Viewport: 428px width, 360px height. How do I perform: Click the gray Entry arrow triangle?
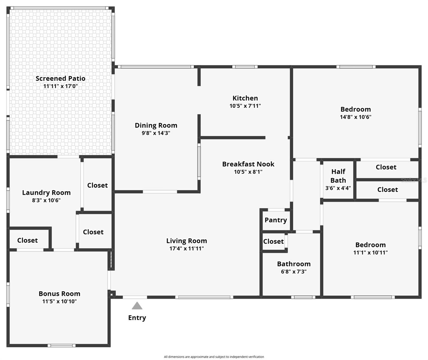[137, 306]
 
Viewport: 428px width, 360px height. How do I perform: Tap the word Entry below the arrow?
[137, 318]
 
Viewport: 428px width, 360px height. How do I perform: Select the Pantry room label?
[276, 220]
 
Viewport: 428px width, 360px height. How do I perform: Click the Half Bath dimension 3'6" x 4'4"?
[338, 188]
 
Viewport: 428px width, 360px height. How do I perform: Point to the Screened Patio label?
[60, 78]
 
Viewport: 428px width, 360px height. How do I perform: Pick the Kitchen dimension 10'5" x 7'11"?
[245, 106]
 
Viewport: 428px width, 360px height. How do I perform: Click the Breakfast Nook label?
[248, 164]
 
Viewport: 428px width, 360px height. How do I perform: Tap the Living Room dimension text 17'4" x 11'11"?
[186, 248]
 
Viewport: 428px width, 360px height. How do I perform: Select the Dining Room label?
[156, 125]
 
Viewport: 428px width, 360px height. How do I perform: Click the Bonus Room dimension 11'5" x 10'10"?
[59, 301]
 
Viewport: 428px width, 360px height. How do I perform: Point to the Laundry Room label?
[46, 193]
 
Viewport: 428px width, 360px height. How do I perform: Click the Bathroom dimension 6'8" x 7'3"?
[293, 271]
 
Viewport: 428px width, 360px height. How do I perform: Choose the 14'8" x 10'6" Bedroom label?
[355, 109]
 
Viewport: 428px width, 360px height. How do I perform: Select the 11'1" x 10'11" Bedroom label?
[370, 245]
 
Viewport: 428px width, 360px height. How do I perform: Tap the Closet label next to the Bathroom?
[273, 241]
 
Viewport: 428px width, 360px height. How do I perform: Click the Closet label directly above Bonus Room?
[27, 240]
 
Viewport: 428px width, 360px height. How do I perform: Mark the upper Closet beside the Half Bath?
[386, 167]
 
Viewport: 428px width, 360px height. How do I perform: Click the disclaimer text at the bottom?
[214, 357]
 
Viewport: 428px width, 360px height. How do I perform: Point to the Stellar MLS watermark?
[414, 180]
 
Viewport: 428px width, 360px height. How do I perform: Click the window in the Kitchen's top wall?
[245, 67]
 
